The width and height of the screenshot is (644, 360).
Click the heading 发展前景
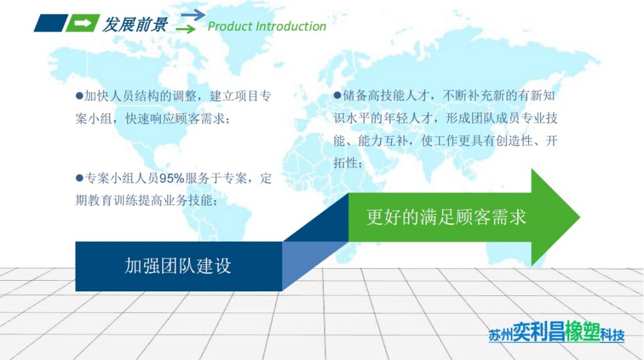point(135,25)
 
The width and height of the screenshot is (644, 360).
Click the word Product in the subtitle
point(228,26)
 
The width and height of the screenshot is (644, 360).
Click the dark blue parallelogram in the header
point(50,23)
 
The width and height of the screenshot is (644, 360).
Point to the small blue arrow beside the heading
point(192,14)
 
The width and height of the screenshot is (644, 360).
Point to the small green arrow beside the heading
point(186,29)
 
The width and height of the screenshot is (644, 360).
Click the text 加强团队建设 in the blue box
point(178,266)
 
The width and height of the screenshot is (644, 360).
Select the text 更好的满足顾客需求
point(447,217)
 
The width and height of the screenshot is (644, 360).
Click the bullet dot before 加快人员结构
point(79,96)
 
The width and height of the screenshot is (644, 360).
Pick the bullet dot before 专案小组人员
point(79,178)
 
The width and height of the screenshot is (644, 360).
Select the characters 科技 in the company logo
point(611,334)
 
